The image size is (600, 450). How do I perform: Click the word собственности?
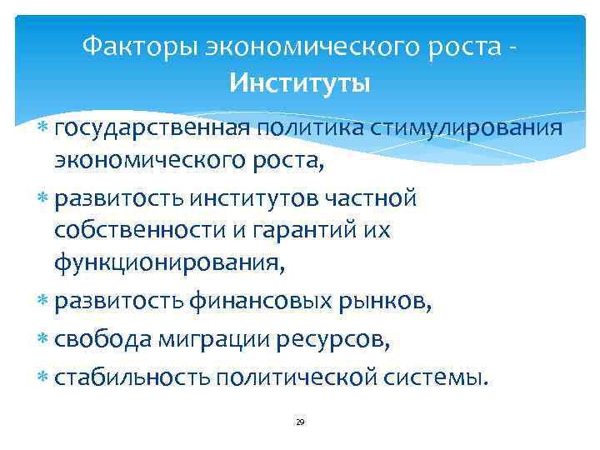click(137, 232)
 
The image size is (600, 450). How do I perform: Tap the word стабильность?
click(132, 377)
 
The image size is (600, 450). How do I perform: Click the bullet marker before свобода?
click(44, 341)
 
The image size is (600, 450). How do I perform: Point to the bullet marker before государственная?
click(44, 130)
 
